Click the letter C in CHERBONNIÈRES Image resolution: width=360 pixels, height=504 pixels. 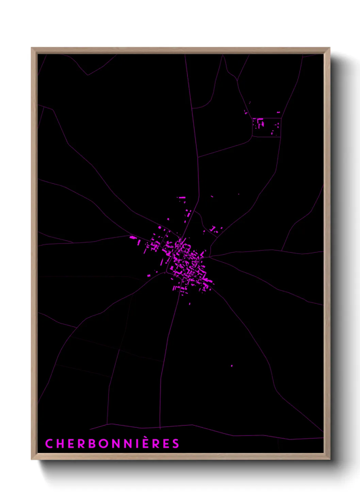[x=49, y=443]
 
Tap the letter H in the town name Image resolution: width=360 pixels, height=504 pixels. [x=60, y=443]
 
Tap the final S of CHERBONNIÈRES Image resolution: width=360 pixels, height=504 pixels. [x=175, y=443]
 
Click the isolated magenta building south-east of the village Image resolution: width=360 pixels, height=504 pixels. [x=232, y=366]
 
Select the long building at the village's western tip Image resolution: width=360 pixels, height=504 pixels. [x=133, y=237]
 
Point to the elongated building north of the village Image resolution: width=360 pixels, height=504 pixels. [x=182, y=197]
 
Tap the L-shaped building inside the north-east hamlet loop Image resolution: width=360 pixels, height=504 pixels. [x=260, y=121]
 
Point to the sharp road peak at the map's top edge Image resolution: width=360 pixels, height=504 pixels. [x=223, y=56]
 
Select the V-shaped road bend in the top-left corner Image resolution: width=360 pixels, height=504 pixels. [x=88, y=75]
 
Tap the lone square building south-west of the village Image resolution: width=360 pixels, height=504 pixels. [x=149, y=275]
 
